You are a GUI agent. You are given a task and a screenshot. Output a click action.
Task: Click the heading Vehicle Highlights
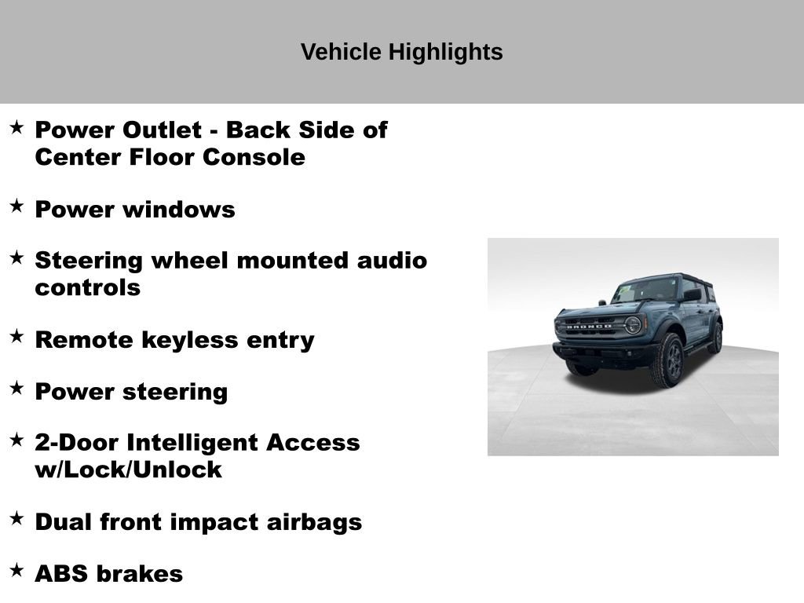point(401,53)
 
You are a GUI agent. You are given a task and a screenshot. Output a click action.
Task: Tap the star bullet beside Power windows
point(16,206)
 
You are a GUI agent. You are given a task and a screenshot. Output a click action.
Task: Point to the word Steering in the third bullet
point(89,260)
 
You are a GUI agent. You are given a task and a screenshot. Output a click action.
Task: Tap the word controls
point(87,287)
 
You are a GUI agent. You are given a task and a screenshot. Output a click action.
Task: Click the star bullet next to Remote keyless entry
point(16,336)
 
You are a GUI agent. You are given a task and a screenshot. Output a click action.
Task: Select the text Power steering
point(131,392)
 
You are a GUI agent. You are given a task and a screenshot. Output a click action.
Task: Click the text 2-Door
point(76,443)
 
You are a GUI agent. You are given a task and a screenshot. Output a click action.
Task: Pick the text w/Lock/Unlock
point(128,470)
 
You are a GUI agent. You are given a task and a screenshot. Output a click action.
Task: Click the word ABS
point(61,574)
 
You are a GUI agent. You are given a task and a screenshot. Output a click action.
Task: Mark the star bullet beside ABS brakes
point(16,570)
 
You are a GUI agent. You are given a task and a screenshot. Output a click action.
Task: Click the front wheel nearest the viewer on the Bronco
point(666,360)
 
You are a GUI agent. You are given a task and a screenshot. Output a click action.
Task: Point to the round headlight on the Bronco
point(632,324)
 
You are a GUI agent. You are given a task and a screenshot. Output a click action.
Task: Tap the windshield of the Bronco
point(645,291)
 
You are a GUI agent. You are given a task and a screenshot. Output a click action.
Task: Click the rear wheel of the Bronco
point(714,338)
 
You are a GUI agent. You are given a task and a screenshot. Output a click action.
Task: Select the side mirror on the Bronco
point(692,295)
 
